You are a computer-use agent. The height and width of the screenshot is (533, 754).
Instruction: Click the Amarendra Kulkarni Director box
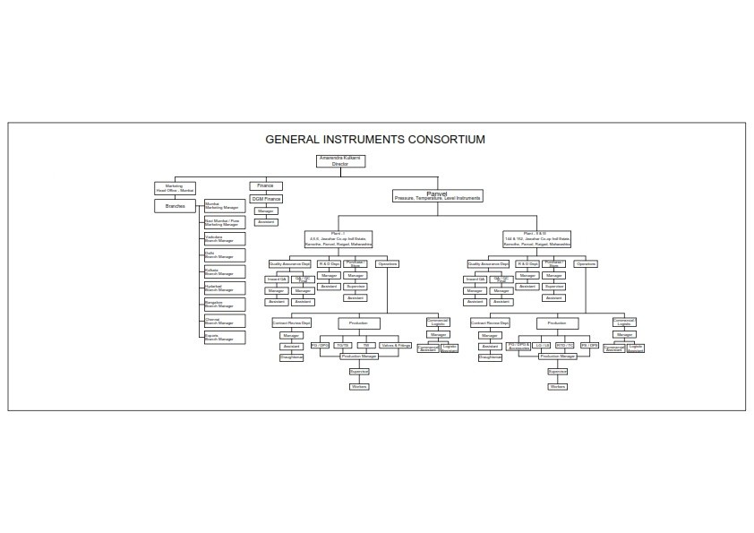click(339, 161)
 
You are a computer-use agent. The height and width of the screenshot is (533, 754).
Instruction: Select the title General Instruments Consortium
click(375, 140)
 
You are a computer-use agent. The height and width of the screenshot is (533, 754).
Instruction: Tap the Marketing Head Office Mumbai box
click(175, 188)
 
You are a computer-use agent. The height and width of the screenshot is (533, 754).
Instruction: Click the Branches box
click(175, 206)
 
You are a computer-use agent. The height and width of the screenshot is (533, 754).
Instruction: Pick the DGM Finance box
click(266, 198)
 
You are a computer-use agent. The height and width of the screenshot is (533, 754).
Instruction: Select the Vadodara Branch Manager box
click(224, 239)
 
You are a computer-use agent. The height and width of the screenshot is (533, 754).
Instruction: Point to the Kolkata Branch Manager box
click(224, 271)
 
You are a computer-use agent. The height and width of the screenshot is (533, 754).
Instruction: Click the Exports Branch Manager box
click(224, 338)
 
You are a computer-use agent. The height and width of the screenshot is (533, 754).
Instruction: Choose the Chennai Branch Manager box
click(224, 321)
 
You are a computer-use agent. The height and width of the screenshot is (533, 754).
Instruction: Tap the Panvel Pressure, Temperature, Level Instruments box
click(437, 195)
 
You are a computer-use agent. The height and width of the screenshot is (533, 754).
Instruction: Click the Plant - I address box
click(339, 239)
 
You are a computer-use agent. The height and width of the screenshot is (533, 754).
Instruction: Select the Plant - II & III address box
click(536, 239)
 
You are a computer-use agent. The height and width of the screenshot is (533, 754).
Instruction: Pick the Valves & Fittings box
click(395, 345)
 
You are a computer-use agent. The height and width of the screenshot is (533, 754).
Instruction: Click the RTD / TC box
click(565, 345)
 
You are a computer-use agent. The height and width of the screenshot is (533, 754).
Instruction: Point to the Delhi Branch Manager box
click(224, 255)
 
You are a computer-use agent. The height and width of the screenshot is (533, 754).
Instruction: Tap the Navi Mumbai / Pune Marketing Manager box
click(224, 222)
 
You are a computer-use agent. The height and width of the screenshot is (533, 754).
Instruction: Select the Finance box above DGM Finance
click(265, 185)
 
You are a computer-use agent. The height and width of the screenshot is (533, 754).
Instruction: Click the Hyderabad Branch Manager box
click(224, 288)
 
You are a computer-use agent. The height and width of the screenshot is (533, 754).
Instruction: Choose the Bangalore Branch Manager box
click(224, 305)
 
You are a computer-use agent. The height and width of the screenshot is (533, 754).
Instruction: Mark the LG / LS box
click(542, 345)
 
